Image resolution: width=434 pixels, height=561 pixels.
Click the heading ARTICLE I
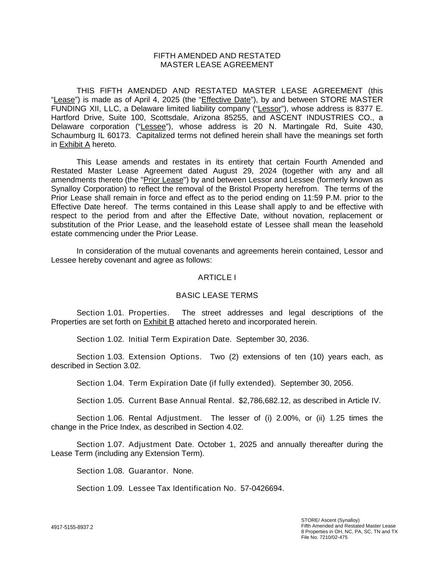217,278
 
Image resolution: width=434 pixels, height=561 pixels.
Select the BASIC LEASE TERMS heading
217,296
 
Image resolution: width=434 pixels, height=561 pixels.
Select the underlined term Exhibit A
74,145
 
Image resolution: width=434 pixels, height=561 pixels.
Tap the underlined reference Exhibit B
159,322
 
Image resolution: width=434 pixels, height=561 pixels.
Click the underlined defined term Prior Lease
163,180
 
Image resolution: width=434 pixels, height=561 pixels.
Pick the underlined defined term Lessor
269,109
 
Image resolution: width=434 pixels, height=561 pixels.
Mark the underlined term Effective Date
226,100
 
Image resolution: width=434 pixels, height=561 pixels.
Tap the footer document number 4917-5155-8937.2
72,527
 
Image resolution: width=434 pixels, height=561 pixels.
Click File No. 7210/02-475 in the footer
324,537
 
